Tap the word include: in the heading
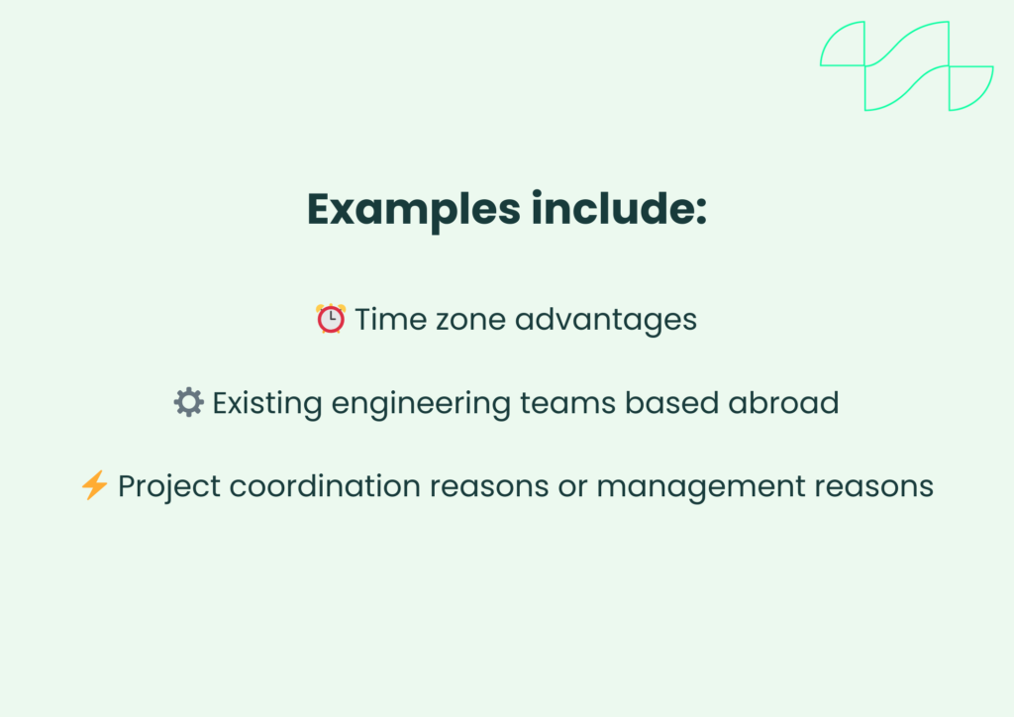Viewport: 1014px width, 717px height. click(x=619, y=209)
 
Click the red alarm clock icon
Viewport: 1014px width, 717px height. click(x=331, y=319)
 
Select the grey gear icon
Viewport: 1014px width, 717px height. click(x=188, y=402)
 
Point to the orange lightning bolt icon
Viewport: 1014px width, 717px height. click(x=94, y=485)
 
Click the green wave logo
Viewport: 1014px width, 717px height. click(x=906, y=65)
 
